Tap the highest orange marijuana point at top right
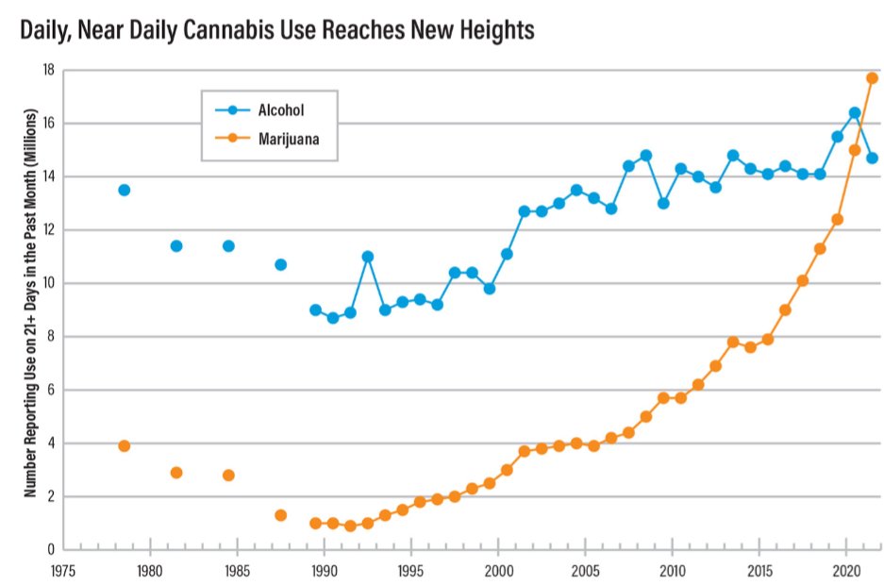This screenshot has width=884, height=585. click(872, 78)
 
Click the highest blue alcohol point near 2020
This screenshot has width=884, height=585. click(855, 113)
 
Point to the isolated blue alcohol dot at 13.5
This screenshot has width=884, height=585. click(124, 190)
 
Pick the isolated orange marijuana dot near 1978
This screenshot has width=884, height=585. click(124, 445)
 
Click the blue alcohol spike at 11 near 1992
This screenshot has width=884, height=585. click(368, 257)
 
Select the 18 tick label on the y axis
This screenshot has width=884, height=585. click(47, 71)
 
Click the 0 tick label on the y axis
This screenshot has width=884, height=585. click(51, 549)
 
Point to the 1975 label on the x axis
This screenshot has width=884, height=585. click(62, 571)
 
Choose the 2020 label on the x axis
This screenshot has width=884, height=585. click(845, 571)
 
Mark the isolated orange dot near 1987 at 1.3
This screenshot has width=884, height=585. click(280, 515)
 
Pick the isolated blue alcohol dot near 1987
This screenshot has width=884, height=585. click(280, 264)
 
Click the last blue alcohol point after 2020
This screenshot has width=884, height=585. click(872, 159)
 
